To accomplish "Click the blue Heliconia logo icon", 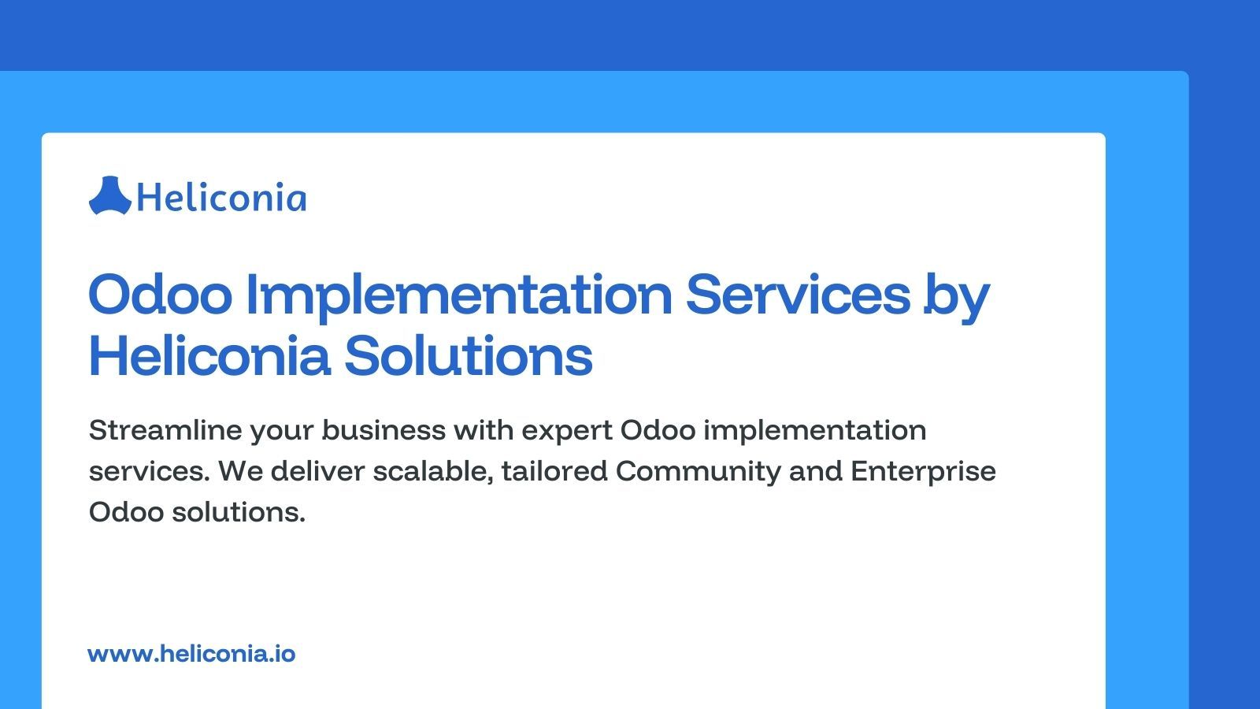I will pos(109,195).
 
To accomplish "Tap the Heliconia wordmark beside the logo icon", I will pos(221,197).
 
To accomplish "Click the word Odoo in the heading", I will pos(161,294).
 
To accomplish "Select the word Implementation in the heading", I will pos(459,294).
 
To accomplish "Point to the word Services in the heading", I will pos(797,294).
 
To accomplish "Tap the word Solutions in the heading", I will pos(469,356).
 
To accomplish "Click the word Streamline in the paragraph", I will pos(165,430).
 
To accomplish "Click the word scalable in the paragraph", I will pos(434,471).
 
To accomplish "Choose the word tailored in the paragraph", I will pos(554,471).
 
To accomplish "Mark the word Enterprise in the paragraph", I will pos(923,471).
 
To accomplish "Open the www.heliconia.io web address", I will pos(191,654).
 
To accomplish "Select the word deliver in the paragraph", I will pos(317,471).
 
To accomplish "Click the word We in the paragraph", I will pos(239,471).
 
